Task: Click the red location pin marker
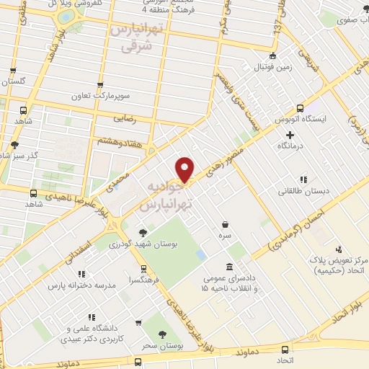point(186,169)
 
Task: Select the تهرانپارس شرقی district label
point(136,38)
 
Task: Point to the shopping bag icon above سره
point(226,224)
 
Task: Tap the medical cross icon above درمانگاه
point(290,135)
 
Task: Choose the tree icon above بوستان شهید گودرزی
point(143,232)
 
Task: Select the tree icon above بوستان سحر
point(161,335)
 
